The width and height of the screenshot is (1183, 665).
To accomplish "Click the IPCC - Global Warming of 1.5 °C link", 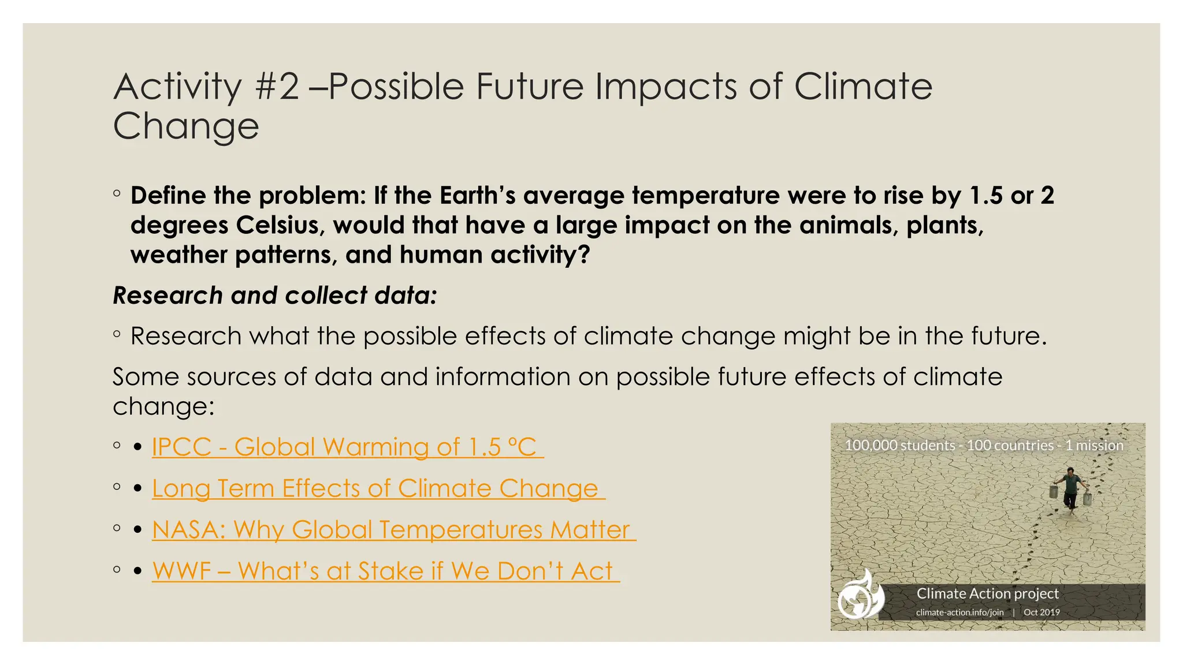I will tap(347, 447).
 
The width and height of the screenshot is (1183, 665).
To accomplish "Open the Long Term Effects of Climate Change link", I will tap(378, 489).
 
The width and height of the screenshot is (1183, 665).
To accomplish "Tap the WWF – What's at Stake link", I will tap(385, 571).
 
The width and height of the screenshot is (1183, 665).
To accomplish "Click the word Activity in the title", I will tap(177, 87).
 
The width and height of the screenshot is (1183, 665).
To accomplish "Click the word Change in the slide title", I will tap(186, 126).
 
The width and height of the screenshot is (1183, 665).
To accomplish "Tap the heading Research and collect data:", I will tap(275, 296).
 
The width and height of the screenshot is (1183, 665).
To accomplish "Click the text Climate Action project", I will tap(987, 593).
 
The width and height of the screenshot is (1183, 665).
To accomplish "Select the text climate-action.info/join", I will tap(959, 612).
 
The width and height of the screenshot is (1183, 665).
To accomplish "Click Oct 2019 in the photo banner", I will tap(1041, 612).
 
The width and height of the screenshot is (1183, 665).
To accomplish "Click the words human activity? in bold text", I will tap(494, 255).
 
